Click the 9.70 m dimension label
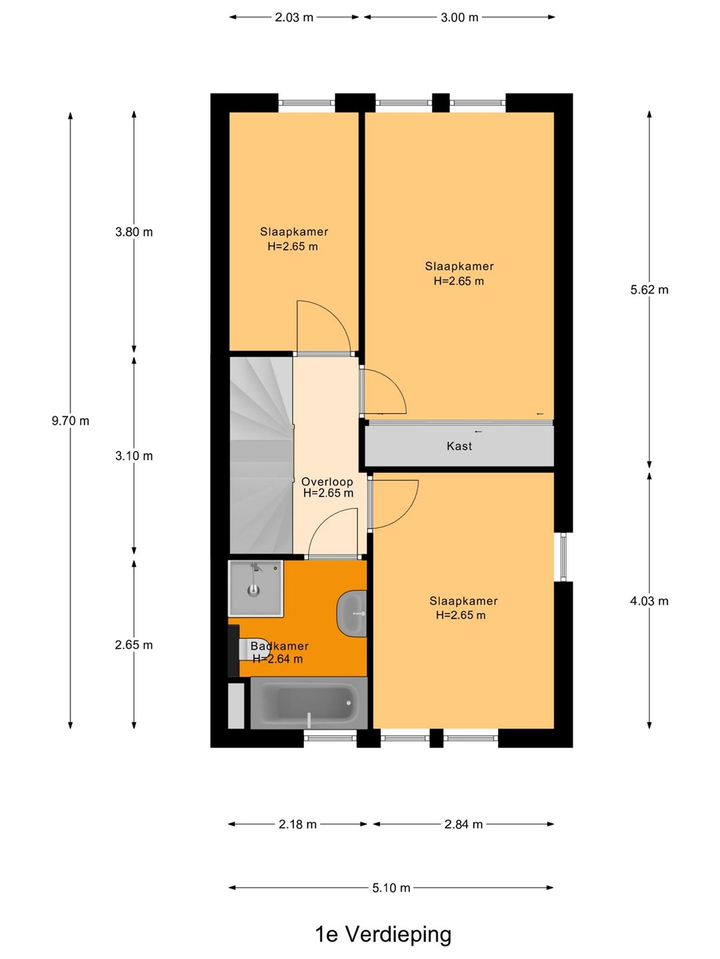[71, 421]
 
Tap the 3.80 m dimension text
[134, 232]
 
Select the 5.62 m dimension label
[649, 289]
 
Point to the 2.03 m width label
[294, 17]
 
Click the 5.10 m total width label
[391, 887]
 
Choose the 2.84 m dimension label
[463, 824]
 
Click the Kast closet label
[459, 446]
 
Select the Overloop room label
[327, 482]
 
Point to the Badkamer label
[279, 646]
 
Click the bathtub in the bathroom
[309, 703]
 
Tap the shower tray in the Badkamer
[256, 588]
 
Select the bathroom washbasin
[352, 613]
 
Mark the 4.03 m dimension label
[649, 601]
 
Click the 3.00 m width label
[459, 17]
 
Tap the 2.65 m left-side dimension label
[134, 645]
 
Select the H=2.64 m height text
[277, 659]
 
